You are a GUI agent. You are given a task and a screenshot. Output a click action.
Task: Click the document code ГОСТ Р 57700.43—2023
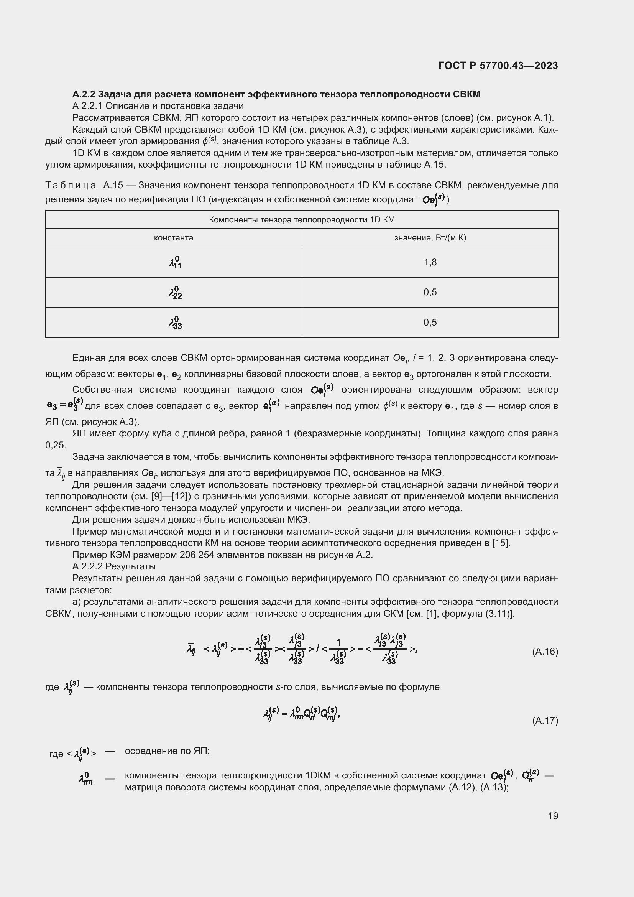click(x=498, y=66)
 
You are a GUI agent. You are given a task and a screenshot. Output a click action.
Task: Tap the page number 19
click(x=553, y=816)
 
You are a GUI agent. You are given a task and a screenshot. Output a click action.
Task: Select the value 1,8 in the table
click(x=430, y=262)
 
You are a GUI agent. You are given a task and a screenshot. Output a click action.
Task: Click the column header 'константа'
click(x=173, y=237)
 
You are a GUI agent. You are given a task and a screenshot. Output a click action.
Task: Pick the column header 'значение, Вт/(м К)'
click(x=430, y=237)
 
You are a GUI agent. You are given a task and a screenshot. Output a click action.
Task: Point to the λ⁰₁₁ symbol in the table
click(x=175, y=263)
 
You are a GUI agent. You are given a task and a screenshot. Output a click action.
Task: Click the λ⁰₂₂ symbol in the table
click(x=175, y=293)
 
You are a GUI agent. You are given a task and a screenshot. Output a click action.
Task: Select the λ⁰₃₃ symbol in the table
click(x=175, y=323)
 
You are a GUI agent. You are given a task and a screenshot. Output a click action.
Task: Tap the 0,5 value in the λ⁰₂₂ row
click(x=430, y=292)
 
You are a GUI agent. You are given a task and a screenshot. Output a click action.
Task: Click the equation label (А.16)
click(x=545, y=651)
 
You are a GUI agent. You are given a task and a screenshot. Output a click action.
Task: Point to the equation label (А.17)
click(x=545, y=721)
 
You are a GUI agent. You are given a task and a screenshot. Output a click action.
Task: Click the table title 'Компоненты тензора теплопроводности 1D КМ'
click(x=301, y=220)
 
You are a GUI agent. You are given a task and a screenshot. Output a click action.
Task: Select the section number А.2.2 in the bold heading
click(x=84, y=94)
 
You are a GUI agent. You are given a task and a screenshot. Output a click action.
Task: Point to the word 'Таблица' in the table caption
click(x=71, y=185)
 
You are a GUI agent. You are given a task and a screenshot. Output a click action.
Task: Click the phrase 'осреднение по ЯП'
click(x=167, y=751)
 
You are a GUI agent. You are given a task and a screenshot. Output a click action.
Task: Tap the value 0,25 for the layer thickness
click(x=56, y=445)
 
